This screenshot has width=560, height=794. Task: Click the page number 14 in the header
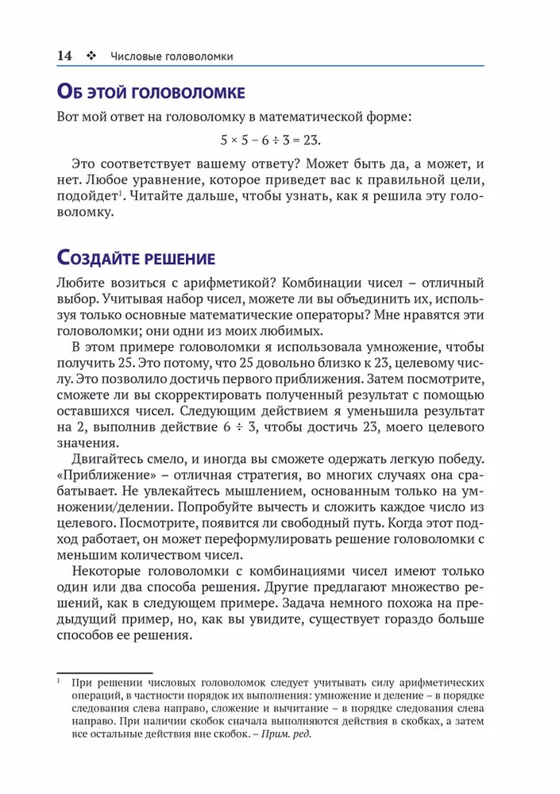click(x=64, y=56)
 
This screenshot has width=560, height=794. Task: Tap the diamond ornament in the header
click(x=90, y=56)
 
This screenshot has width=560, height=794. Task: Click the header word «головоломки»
click(x=198, y=56)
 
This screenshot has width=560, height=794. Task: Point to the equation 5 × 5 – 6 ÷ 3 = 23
click(x=270, y=141)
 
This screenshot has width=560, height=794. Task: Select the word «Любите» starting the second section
click(x=81, y=283)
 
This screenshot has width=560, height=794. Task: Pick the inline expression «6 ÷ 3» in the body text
click(x=235, y=428)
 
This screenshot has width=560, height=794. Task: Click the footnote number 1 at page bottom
click(x=60, y=680)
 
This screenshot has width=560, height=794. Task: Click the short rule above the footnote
click(x=104, y=672)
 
